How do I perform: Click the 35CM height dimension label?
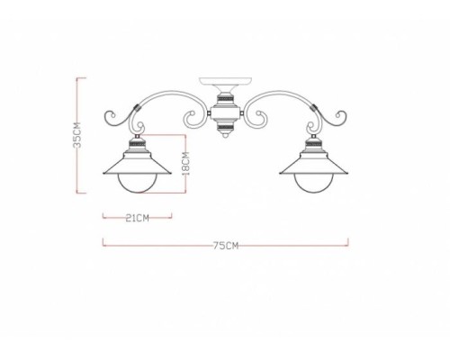point(77,137)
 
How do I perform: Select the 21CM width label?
point(137,217)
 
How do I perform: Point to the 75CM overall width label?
point(226,244)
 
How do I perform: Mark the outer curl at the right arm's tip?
point(340,117)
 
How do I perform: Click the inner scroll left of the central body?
point(193,117)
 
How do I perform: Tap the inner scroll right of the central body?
point(257,117)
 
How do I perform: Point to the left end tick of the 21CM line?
point(102,217)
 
